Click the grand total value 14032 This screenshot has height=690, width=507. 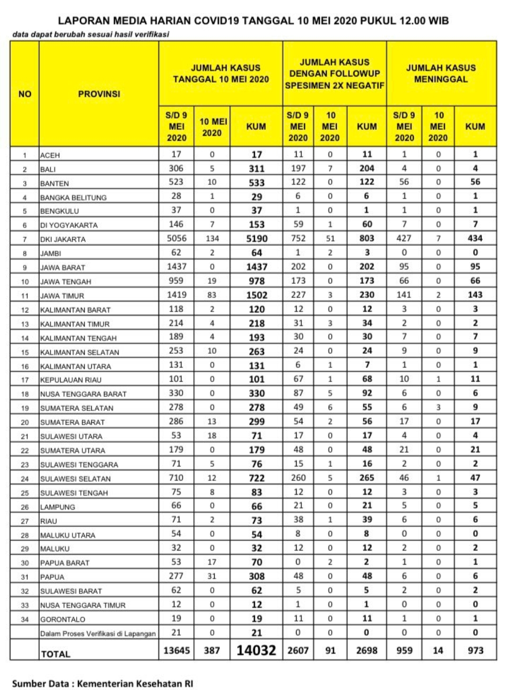click(x=256, y=650)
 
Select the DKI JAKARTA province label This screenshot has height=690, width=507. click(x=63, y=239)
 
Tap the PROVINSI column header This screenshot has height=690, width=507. click(x=99, y=94)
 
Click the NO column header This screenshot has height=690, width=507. click(x=25, y=94)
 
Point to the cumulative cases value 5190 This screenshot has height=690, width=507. click(x=256, y=239)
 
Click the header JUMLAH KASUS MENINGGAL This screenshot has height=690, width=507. click(x=441, y=73)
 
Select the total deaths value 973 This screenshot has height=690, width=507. click(x=475, y=651)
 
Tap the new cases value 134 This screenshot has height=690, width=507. click(x=212, y=239)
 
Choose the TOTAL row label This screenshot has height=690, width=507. click(x=56, y=654)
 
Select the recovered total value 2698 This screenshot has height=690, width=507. click(x=367, y=651)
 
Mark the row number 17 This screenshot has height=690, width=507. click(x=25, y=380)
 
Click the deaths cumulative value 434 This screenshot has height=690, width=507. click(x=475, y=238)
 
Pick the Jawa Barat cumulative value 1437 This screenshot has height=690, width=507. click(x=256, y=267)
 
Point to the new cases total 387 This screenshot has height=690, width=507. click(x=212, y=651)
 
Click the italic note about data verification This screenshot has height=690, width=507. click(x=91, y=34)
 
